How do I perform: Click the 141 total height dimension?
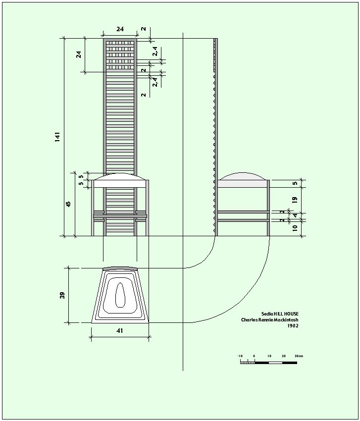[x=57, y=137]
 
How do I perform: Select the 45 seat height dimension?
[x=68, y=204]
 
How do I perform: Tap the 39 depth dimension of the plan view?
[x=62, y=295]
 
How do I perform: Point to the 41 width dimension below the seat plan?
[x=120, y=330]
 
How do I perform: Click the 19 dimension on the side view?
[x=295, y=200]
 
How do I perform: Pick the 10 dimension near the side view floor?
[x=295, y=228]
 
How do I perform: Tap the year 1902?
[x=293, y=326]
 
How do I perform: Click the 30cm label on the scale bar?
[x=299, y=356]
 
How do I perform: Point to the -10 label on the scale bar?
[x=240, y=356]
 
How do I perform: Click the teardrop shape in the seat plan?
[x=120, y=295]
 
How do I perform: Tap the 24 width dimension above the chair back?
[x=120, y=29]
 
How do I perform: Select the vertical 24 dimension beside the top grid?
[x=78, y=54]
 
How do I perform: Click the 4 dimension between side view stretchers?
[x=295, y=215]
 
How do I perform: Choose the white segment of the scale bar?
[x=275, y=363]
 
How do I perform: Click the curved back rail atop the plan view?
[x=120, y=268]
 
